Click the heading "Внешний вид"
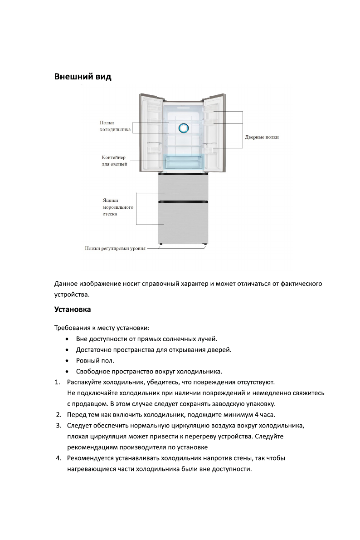coord(83,77)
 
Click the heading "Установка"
coord(73,310)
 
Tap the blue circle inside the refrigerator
coord(183,128)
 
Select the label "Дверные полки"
coord(262,137)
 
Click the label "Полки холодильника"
coord(115,126)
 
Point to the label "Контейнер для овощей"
coord(114,161)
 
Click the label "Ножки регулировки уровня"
coord(115,249)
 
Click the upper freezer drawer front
coord(183,187)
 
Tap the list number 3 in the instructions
coord(58,426)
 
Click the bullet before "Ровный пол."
coord(67,361)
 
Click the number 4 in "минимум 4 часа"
coord(257,415)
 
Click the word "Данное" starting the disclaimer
coord(66,284)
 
